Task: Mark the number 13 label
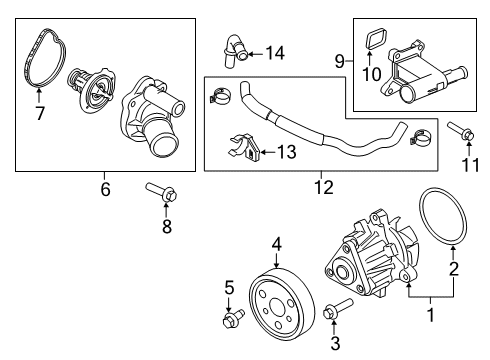(x=285, y=152)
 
